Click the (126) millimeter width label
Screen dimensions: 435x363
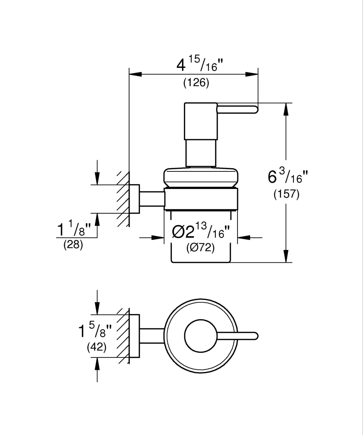click(196, 82)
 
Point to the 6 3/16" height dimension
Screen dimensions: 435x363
click(288, 177)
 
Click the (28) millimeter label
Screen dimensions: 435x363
click(73, 245)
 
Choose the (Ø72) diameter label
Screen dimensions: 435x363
click(201, 247)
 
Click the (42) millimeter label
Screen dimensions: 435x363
click(97, 347)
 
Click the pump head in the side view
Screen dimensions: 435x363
click(201, 121)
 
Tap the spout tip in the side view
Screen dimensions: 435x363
click(255, 109)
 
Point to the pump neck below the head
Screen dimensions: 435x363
click(201, 153)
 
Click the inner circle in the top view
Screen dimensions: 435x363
click(201, 336)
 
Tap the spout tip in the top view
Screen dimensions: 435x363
click(255, 336)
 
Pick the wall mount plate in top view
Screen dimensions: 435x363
click(134, 336)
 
